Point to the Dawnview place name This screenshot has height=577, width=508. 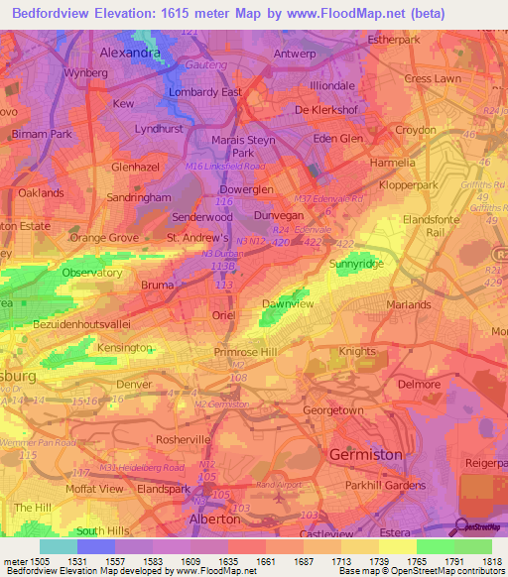[x=288, y=304]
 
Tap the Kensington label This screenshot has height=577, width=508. [x=124, y=348]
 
